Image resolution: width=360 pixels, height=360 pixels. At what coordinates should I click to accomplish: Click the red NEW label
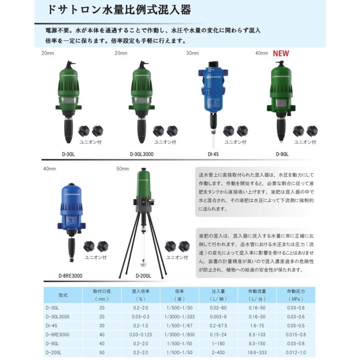(x=281, y=54)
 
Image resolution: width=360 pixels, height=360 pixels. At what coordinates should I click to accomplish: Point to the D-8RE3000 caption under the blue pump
(x=70, y=276)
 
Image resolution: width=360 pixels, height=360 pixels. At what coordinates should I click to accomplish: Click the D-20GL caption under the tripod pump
(x=143, y=276)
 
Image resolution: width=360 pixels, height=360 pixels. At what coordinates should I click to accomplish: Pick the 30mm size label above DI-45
(x=193, y=53)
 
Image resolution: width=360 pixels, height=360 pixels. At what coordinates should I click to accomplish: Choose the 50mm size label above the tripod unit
(x=123, y=169)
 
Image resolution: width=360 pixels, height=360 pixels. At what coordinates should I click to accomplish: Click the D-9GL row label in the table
(x=52, y=343)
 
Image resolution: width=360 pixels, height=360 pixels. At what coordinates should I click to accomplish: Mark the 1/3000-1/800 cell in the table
(x=180, y=334)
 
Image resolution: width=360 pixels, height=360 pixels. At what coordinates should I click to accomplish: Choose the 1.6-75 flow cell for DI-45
(x=257, y=326)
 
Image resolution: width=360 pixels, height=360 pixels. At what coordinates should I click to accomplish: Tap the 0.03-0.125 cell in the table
(x=140, y=334)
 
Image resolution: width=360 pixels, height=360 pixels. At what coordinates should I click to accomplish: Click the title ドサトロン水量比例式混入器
(x=119, y=10)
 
